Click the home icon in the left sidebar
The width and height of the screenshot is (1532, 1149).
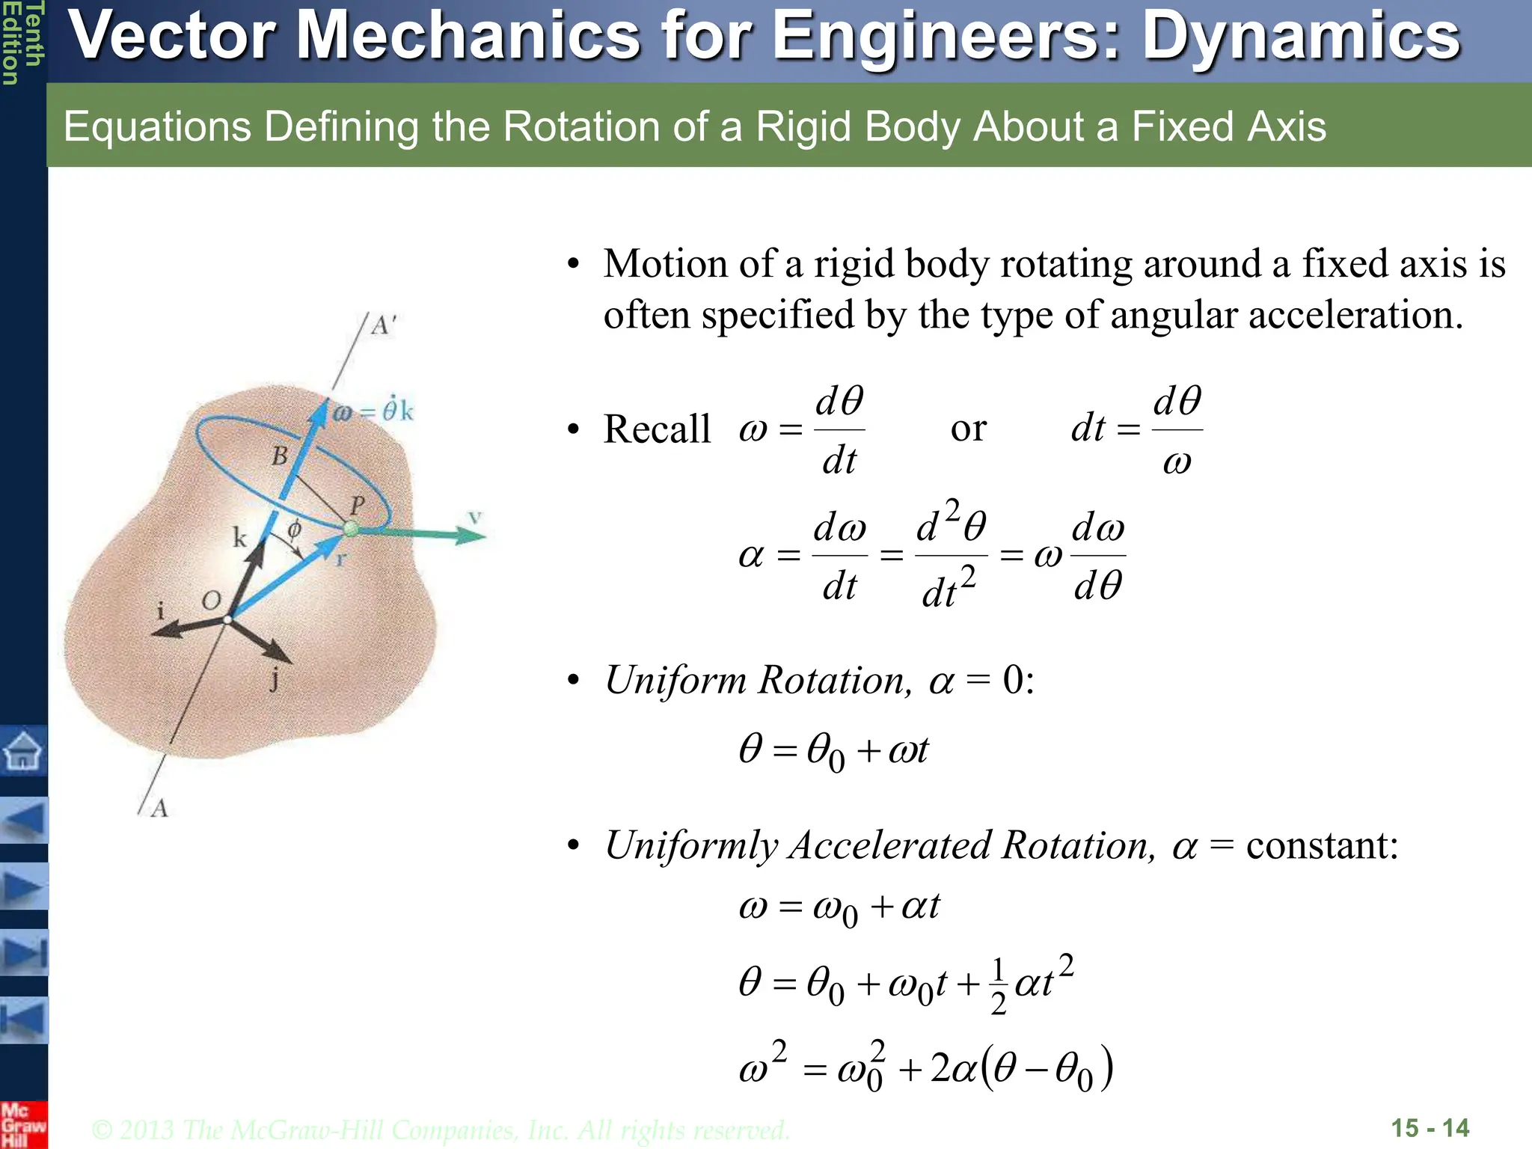[x=23, y=750]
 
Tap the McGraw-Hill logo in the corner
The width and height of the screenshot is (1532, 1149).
[x=22, y=1124]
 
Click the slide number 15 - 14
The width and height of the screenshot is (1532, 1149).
[x=1430, y=1128]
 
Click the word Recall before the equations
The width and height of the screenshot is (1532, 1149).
[x=657, y=429]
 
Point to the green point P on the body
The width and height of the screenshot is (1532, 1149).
[x=350, y=530]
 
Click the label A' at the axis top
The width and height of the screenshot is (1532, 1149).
[x=384, y=325]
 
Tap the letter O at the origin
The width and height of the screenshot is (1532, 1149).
[x=212, y=600]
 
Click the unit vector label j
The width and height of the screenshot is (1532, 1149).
[x=275, y=679]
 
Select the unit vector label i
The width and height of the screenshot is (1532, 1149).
[x=160, y=610]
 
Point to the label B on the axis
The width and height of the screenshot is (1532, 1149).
[x=280, y=456]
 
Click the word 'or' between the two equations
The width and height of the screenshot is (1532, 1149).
[x=969, y=429]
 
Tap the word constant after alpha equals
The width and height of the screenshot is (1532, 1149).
[x=1322, y=845]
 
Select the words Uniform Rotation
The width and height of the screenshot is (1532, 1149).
[x=758, y=680]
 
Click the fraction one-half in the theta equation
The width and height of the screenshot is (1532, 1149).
[x=998, y=987]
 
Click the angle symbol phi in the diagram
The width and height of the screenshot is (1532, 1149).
[x=295, y=529]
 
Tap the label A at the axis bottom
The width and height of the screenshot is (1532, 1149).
[x=159, y=808]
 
